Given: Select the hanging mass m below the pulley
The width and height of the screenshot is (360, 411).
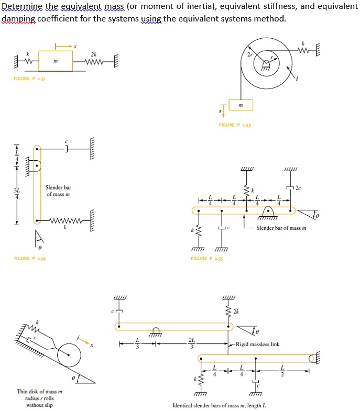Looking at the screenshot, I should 240,105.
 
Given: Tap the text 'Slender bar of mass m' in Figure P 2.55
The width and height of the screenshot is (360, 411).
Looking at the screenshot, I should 281,228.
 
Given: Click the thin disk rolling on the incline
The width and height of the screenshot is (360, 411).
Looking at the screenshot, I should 70,356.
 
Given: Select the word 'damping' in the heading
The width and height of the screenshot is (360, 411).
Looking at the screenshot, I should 16,18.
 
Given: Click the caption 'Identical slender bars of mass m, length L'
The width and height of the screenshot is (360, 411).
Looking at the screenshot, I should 219,406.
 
